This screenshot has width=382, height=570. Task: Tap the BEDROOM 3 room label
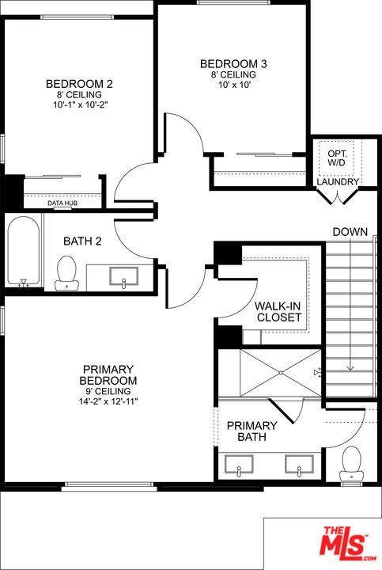click(233, 63)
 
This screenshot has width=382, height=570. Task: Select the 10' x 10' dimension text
click(233, 85)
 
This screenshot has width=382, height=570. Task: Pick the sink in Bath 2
click(122, 277)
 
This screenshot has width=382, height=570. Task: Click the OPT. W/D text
click(339, 158)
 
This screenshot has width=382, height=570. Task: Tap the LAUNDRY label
click(339, 182)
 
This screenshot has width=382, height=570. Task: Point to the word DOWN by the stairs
click(350, 231)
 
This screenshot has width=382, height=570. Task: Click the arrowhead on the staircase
click(349, 367)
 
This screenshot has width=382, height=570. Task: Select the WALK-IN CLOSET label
click(278, 311)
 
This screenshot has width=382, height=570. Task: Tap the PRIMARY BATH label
click(252, 431)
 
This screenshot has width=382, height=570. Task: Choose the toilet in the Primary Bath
click(350, 463)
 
